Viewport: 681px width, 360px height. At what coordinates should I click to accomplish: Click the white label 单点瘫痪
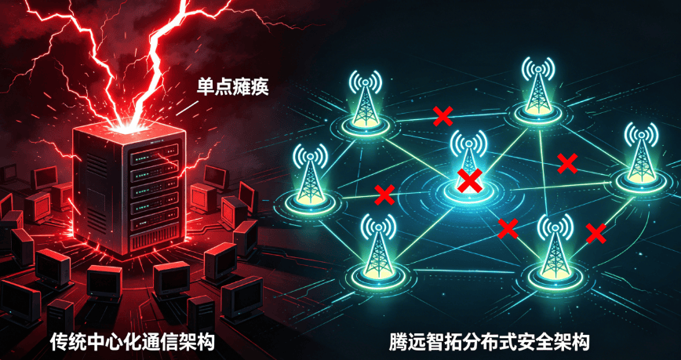(233, 87)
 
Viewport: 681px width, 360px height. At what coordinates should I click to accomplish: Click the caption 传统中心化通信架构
(133, 342)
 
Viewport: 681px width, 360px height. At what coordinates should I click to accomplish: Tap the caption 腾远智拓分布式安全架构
(489, 342)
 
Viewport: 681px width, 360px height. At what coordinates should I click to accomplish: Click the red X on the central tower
(470, 180)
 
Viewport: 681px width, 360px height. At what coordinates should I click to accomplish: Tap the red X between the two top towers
(443, 115)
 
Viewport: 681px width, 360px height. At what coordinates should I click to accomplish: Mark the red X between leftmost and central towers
(384, 195)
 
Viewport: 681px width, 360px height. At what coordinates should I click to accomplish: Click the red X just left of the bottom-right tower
(508, 229)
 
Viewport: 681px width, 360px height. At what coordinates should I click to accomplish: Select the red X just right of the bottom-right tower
(596, 234)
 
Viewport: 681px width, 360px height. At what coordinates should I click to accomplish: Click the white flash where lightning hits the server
(127, 127)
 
